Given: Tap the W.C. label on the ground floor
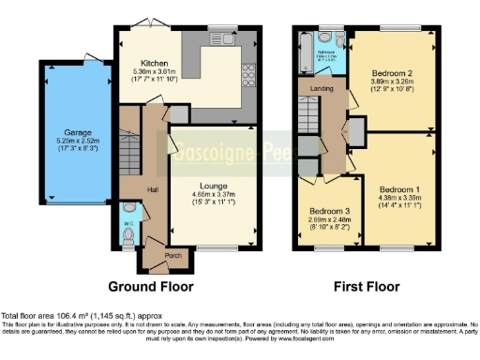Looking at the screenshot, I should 127,222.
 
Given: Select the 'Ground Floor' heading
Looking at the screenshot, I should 151,285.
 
